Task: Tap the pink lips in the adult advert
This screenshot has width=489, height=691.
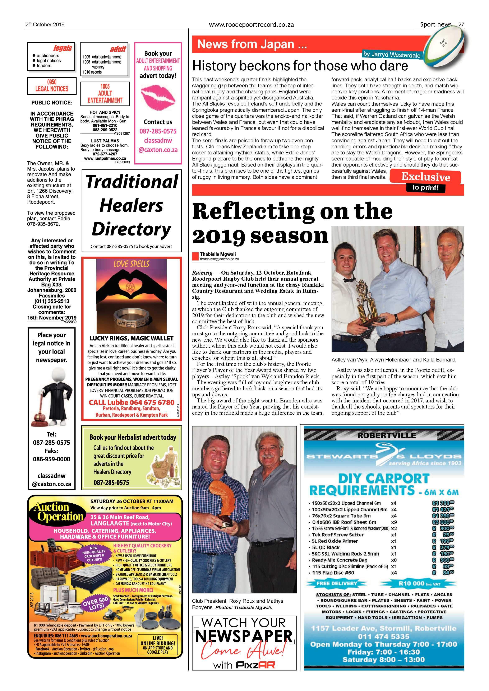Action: point(158,97)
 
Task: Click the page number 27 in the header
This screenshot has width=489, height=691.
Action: point(461,25)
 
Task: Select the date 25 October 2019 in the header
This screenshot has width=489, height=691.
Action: point(45,25)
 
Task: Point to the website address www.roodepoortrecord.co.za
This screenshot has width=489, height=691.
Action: point(251,25)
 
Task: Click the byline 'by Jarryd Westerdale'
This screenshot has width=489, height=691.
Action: point(391,55)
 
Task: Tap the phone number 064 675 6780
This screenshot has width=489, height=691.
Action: point(152,402)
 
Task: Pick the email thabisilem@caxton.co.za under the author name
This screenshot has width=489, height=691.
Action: point(219,259)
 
